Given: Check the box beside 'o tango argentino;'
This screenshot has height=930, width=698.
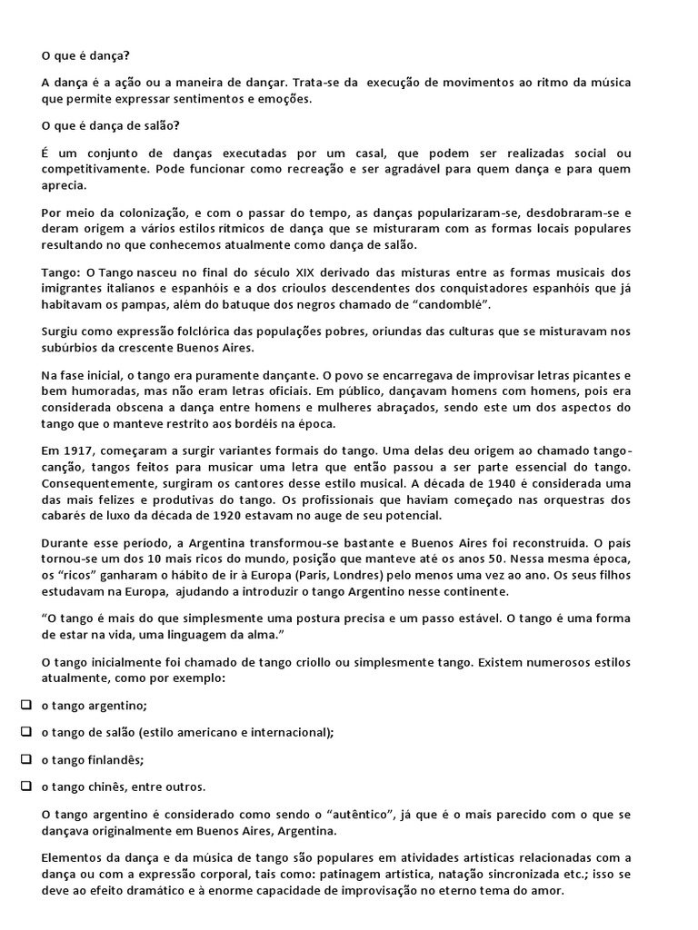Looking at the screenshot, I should tap(25, 705).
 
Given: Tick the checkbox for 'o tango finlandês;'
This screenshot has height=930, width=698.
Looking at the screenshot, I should tap(25, 759).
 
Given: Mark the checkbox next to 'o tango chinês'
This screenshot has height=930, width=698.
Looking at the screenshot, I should tap(25, 786).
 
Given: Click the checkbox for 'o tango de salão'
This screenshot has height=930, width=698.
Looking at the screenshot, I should tap(25, 732).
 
